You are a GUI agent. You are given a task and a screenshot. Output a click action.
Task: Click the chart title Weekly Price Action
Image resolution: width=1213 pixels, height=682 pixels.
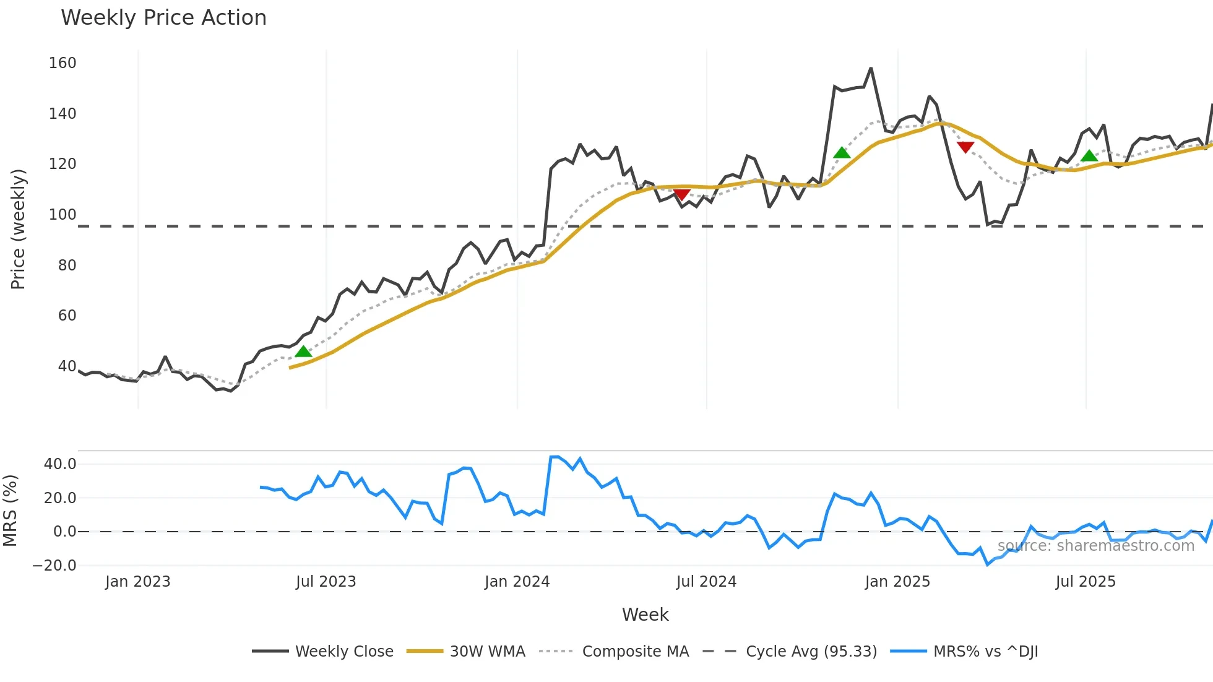point(163,18)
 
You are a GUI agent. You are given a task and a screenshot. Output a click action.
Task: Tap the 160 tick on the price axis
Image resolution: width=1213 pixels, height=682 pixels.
point(63,63)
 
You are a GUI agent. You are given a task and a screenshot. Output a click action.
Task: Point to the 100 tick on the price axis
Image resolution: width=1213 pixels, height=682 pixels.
point(63,215)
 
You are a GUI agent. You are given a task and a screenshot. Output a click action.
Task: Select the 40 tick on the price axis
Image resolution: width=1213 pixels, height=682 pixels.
point(67,366)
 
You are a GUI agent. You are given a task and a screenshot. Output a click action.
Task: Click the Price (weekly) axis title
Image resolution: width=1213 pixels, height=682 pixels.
point(18,229)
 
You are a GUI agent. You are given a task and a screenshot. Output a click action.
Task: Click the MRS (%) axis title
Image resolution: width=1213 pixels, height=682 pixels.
point(10,511)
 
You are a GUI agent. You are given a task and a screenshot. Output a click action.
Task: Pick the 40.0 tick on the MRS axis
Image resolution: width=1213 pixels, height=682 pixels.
point(60,464)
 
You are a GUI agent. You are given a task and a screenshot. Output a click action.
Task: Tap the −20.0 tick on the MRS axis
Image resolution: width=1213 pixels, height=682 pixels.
point(54,566)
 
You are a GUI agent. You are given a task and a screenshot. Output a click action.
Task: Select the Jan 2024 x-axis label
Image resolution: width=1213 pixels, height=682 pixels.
point(517,582)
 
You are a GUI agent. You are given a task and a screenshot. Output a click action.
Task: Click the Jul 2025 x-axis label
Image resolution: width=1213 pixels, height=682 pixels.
point(1086,582)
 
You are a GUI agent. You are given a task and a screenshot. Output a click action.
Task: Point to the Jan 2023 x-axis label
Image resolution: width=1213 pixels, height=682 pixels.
point(137,582)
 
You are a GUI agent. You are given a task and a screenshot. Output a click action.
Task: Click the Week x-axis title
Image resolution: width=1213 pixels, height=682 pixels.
point(645,615)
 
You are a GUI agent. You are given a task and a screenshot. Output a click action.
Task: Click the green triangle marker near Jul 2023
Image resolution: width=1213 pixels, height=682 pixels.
point(303,352)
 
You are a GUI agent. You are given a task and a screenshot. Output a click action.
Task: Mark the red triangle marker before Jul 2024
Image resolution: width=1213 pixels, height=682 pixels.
point(681,195)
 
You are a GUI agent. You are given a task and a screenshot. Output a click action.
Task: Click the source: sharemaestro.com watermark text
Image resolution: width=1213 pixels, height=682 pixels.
point(1095,546)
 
